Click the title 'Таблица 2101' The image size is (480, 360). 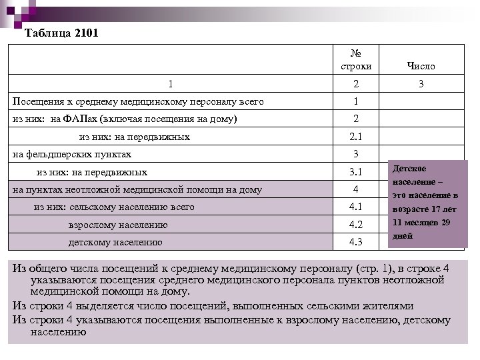click(x=61, y=33)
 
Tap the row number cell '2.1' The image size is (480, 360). click(x=355, y=137)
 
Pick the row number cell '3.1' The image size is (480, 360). click(x=355, y=172)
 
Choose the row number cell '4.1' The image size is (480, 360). click(x=355, y=207)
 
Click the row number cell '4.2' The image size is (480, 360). click(x=355, y=224)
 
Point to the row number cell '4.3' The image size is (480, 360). click(x=355, y=241)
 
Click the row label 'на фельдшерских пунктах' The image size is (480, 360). click(x=73, y=155)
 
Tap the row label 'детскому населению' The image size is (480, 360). click(x=115, y=242)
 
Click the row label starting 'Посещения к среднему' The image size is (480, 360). click(x=138, y=102)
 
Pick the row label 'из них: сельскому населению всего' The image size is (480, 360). click(x=114, y=207)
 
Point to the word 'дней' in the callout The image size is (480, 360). click(x=403, y=235)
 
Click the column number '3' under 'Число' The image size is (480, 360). click(x=421, y=85)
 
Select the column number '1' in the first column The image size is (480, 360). click(x=171, y=85)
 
